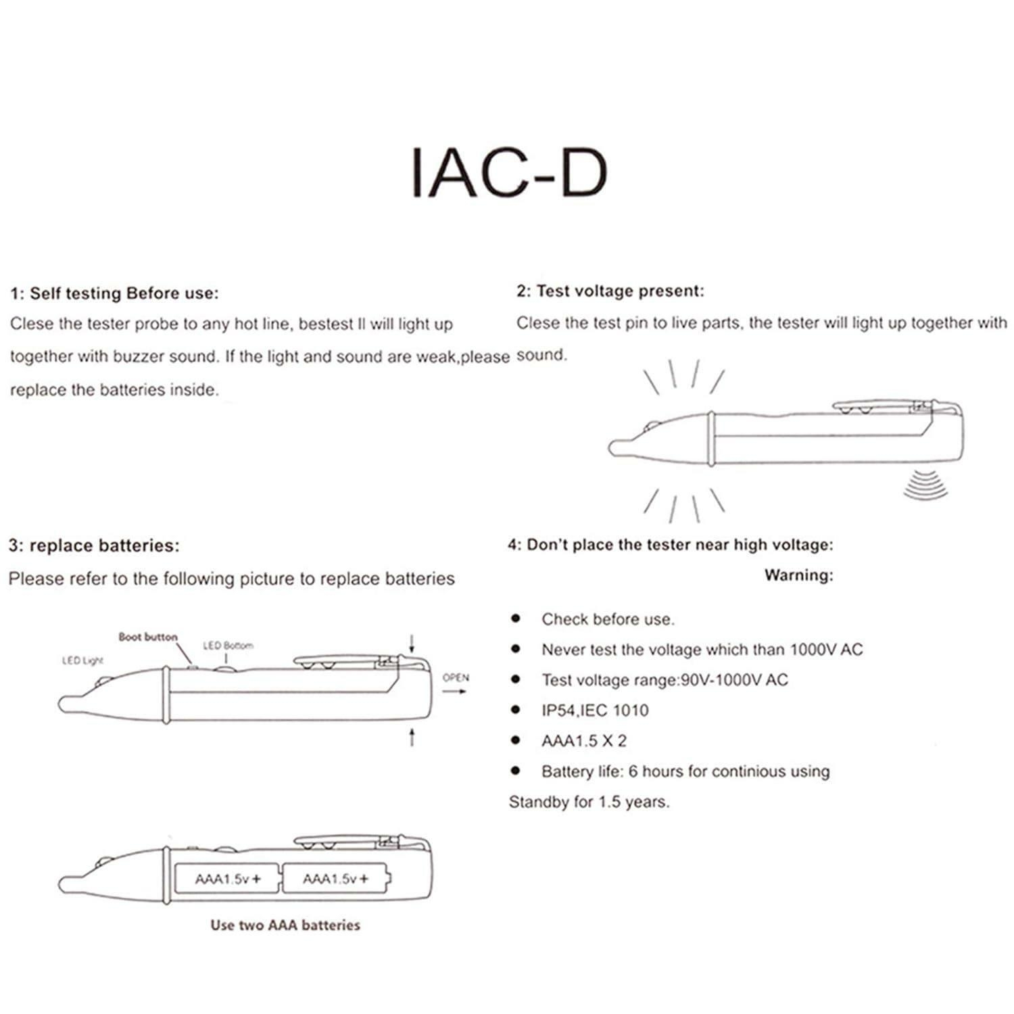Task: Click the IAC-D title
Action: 509,173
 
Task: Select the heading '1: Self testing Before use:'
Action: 114,293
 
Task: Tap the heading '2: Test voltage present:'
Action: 610,291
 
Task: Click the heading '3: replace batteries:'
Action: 94,546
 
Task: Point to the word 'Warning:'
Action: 799,575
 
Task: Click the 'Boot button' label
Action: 147,637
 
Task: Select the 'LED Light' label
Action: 82,660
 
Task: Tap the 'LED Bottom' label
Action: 228,646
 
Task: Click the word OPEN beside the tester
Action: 456,677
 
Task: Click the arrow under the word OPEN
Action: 458,692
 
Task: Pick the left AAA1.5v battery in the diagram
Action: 227,879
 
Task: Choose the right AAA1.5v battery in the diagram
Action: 336,879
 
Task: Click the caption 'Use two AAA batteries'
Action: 285,925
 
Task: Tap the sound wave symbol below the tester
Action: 925,487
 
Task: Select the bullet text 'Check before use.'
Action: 608,619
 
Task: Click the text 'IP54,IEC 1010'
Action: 595,710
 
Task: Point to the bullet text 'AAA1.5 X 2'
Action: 584,741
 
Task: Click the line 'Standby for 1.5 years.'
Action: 589,802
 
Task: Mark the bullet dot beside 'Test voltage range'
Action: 516,679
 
